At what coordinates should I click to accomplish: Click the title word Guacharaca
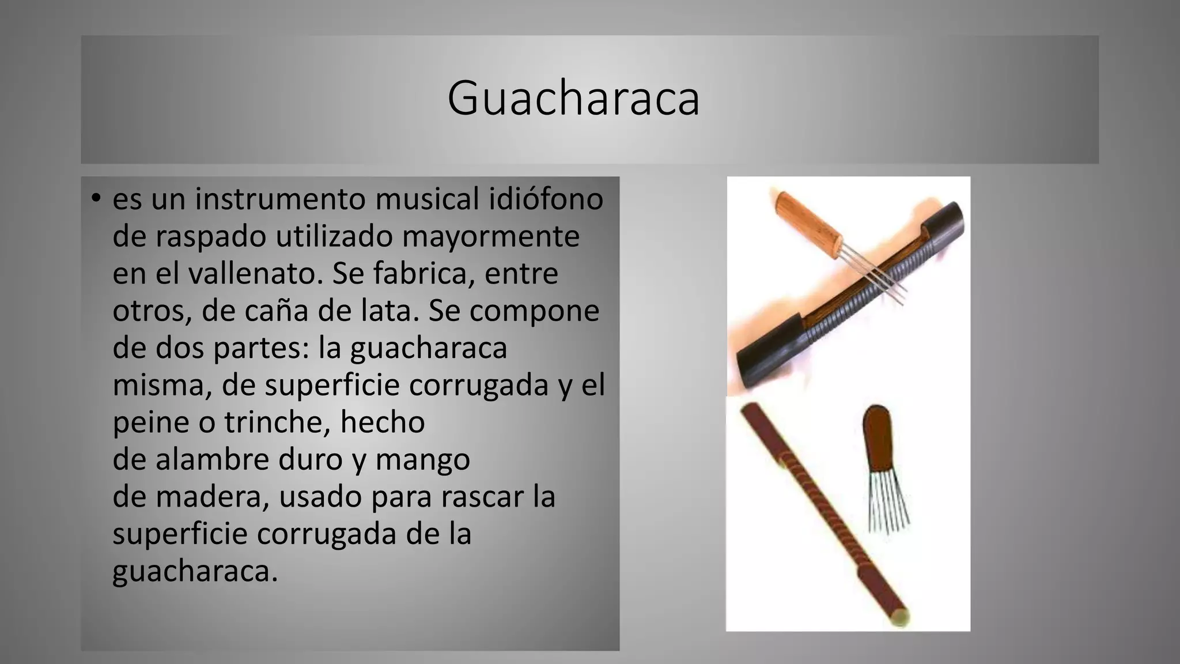pos(573,98)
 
